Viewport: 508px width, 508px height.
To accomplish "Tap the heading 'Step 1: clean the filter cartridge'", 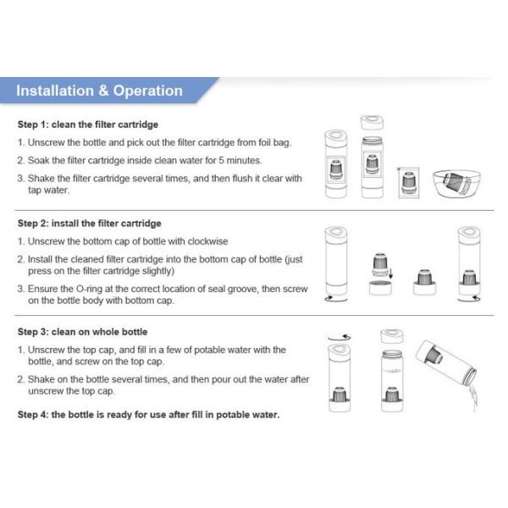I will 88,124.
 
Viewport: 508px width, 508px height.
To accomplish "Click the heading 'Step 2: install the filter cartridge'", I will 90,224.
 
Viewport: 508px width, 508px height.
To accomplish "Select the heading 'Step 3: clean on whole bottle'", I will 82,332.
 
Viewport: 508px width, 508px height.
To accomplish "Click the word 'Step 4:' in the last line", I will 36,415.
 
